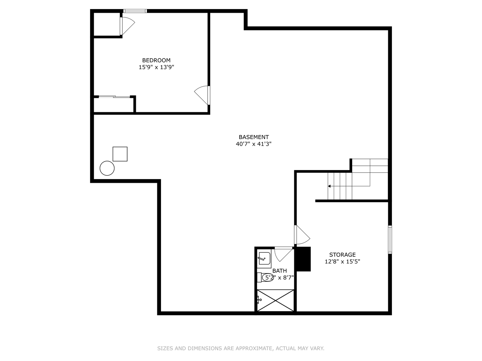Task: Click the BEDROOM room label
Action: click(156, 61)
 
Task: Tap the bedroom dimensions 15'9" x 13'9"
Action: click(156, 67)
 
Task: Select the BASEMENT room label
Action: click(253, 137)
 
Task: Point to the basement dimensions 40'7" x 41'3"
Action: click(253, 144)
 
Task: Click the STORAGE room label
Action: click(342, 255)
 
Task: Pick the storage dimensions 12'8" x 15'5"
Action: click(342, 262)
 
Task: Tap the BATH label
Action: click(279, 271)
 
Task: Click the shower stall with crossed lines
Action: click(275, 300)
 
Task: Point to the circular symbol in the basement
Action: click(107, 168)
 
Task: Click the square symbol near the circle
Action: click(120, 154)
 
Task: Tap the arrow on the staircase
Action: click(329, 186)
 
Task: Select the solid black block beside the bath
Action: click(304, 259)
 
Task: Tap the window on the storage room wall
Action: click(390, 240)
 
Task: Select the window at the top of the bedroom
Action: click(135, 11)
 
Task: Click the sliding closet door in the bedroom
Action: click(114, 97)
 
